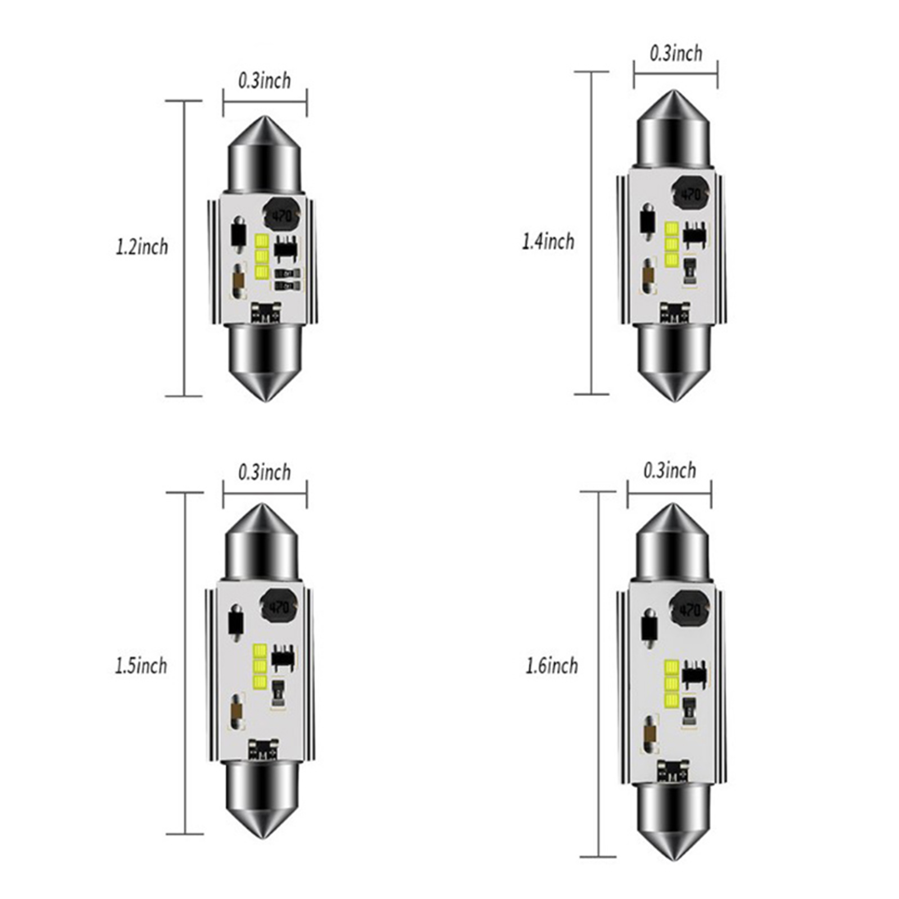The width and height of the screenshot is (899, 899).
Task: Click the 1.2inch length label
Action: click(x=142, y=247)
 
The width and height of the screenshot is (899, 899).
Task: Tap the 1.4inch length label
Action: click(x=548, y=242)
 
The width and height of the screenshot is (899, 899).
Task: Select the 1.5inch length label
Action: click(x=141, y=666)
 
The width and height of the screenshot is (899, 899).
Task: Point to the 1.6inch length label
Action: click(x=552, y=666)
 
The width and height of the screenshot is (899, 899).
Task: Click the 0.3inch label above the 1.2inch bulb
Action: click(x=265, y=81)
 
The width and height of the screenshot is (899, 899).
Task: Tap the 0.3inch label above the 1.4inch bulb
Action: click(x=676, y=53)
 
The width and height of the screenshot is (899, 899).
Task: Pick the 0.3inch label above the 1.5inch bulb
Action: click(x=265, y=473)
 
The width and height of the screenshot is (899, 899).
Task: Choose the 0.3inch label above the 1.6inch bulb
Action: click(x=670, y=470)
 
